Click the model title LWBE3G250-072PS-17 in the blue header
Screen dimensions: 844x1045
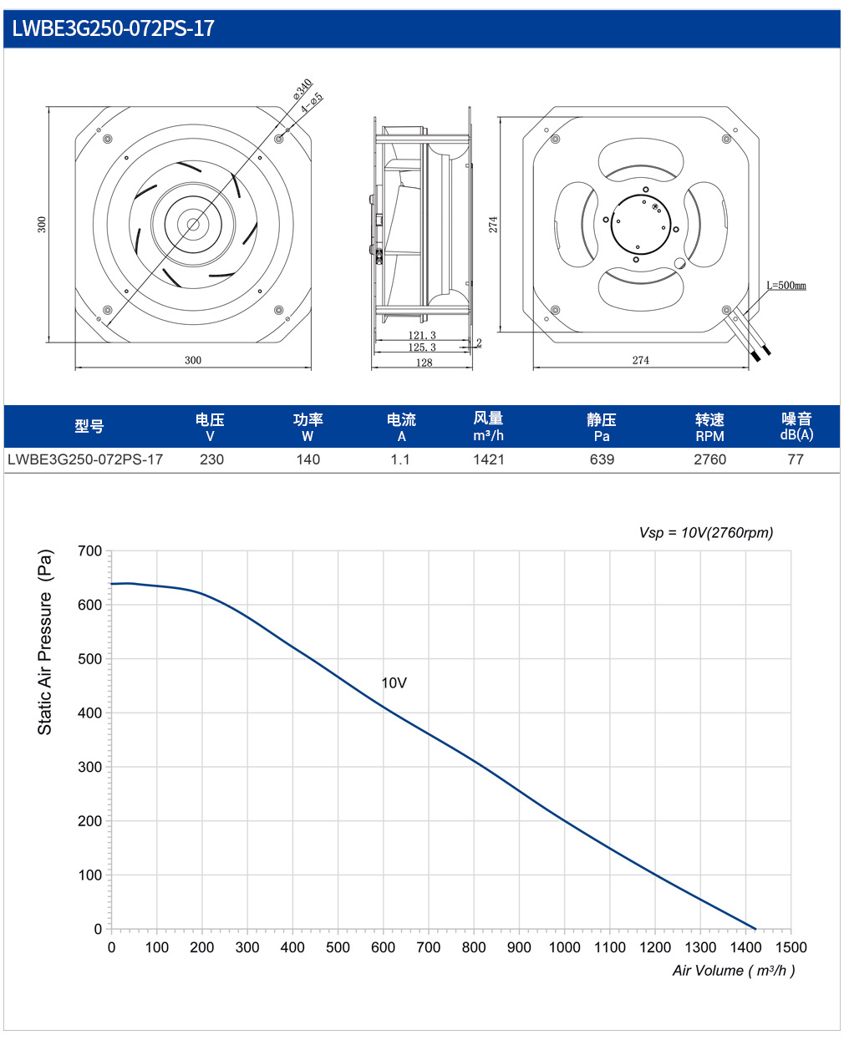tap(114, 28)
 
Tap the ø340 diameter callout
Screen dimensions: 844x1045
tap(303, 89)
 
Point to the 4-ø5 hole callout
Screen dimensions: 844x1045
tap(312, 103)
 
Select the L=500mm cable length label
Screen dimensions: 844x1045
tap(786, 285)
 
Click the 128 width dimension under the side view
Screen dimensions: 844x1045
tap(424, 362)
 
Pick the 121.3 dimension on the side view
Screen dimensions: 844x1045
tap(422, 335)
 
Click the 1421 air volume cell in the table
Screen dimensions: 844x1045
tap(488, 459)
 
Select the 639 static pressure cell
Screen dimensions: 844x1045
tap(602, 459)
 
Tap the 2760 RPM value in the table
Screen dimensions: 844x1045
tap(709, 459)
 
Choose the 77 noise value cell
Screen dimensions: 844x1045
tap(796, 459)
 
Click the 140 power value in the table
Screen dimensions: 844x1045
tap(308, 459)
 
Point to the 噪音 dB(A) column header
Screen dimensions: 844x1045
tap(796, 426)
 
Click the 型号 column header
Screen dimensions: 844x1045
tap(89, 426)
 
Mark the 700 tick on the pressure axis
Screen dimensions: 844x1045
tap(89, 551)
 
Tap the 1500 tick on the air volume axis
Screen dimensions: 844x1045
tap(791, 947)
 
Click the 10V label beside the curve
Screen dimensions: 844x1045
tap(394, 682)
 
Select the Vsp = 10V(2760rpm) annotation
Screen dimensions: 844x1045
tap(705, 532)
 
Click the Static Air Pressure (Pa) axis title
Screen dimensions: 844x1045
tap(44, 642)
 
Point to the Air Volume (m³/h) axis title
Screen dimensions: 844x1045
tap(733, 971)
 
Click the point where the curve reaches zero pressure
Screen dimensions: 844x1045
tap(755, 929)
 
